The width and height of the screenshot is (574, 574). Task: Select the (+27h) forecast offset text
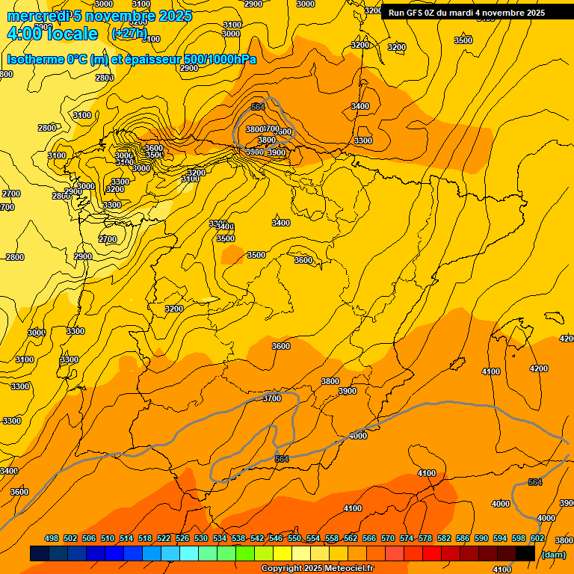click(x=129, y=34)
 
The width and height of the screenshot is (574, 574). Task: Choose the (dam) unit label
click(x=553, y=554)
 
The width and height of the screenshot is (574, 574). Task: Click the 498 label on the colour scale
click(x=52, y=538)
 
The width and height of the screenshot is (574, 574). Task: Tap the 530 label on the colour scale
click(x=201, y=538)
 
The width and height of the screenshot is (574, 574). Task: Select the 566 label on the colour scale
click(x=369, y=538)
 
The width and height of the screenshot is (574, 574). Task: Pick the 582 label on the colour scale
click(x=444, y=538)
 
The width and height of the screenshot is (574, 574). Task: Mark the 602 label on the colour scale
click(x=537, y=538)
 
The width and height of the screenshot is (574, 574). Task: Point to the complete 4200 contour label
click(x=538, y=368)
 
